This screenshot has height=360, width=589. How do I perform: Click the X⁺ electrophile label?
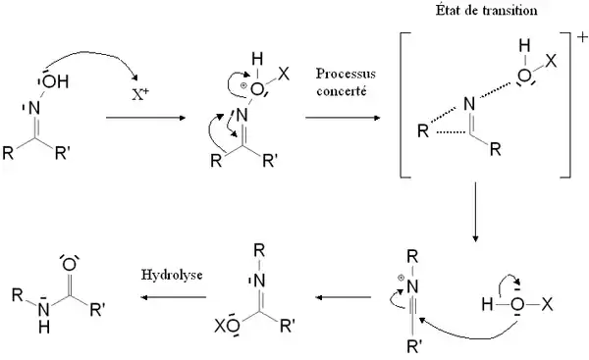click(x=140, y=94)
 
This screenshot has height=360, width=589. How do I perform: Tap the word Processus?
click(x=346, y=74)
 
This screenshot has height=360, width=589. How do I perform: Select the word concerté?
click(x=341, y=91)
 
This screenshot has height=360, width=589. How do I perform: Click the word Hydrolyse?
click(x=172, y=276)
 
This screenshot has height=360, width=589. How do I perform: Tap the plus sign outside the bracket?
click(x=582, y=37)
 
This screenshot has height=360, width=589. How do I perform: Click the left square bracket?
click(x=404, y=105)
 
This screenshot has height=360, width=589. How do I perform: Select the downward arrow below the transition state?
click(x=475, y=212)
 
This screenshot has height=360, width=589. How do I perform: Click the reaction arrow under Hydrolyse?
click(x=174, y=297)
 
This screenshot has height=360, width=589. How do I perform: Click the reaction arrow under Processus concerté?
click(x=343, y=118)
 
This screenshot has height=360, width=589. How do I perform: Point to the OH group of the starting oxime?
click(x=55, y=81)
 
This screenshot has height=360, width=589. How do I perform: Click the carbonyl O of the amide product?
click(x=70, y=264)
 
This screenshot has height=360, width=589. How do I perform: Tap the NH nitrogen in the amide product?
click(x=44, y=309)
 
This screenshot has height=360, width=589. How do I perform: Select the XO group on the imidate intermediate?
click(x=227, y=327)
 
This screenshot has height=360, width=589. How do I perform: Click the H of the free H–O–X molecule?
click(x=487, y=304)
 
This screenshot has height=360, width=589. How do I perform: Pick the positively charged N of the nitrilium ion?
click(x=412, y=287)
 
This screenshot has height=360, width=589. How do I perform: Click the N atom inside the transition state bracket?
click(x=469, y=104)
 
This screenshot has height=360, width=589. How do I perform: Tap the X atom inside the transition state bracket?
click(x=551, y=61)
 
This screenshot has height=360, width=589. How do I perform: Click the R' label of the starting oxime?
click(x=62, y=153)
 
